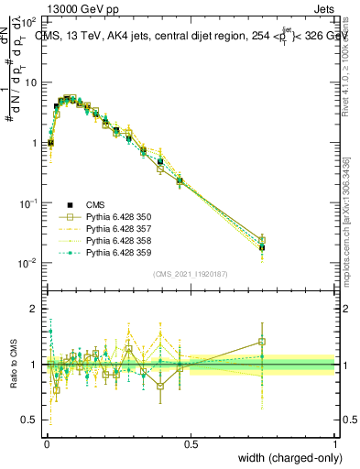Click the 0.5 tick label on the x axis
click(191, 442)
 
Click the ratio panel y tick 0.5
click(32, 420)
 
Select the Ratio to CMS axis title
click(12, 364)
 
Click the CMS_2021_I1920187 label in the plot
click(191, 274)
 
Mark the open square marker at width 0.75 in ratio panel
click(262, 342)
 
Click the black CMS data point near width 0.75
click(262, 247)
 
